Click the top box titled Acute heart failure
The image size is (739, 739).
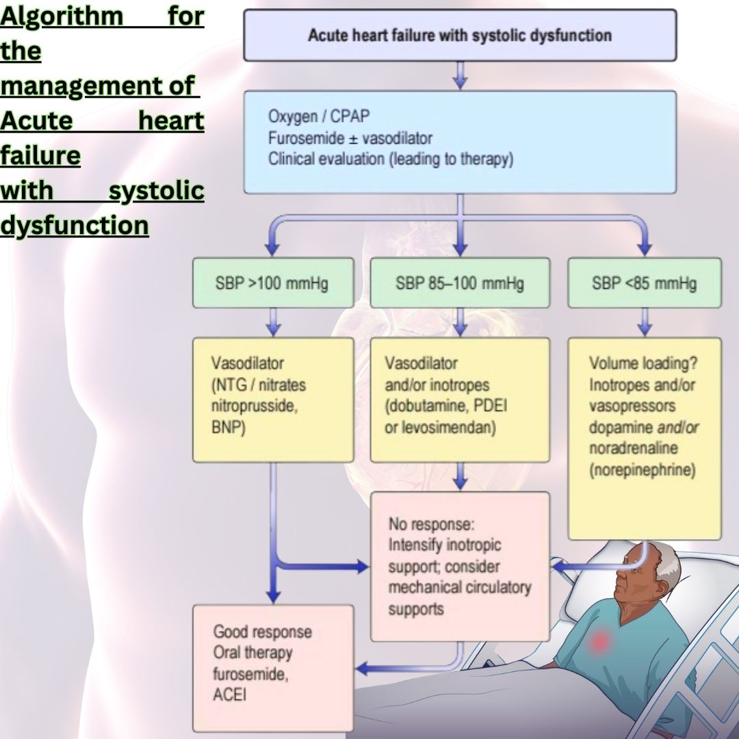coord(460,36)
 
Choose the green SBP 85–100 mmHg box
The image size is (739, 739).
coord(460,283)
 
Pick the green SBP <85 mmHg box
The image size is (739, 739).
coord(644,283)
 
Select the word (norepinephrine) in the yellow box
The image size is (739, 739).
coord(643,471)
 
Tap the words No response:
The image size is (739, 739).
coord(432,525)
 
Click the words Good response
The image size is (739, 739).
coord(262,632)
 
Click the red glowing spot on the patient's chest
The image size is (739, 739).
coord(600,640)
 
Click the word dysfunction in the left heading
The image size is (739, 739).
coord(74,225)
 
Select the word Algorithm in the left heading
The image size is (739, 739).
coord(62,16)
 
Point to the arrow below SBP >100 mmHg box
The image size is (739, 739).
coord(273,322)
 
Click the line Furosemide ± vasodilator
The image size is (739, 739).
coord(350,138)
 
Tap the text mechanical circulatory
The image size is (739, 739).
coord(459,588)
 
